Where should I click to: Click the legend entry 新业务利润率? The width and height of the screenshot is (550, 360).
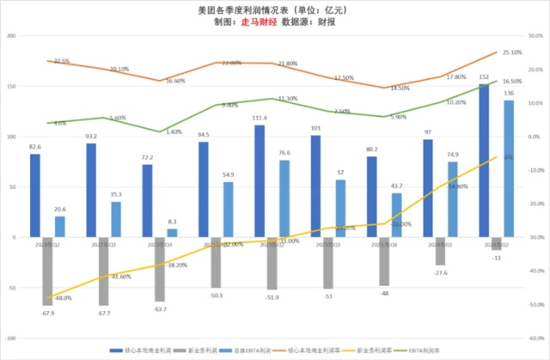pyautogui.click(x=376, y=351)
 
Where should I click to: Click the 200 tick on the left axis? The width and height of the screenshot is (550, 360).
pyautogui.click(x=12, y=36)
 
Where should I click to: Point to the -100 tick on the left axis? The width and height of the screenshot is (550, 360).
pyautogui.click(x=11, y=339)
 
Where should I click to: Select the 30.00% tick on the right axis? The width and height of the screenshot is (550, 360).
pyautogui.click(x=536, y=36)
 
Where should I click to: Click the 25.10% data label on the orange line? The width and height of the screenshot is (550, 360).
pyautogui.click(x=514, y=52)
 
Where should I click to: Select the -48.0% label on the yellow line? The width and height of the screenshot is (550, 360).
pyautogui.click(x=62, y=297)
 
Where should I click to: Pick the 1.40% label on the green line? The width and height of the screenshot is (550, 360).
pyautogui.click(x=174, y=132)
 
